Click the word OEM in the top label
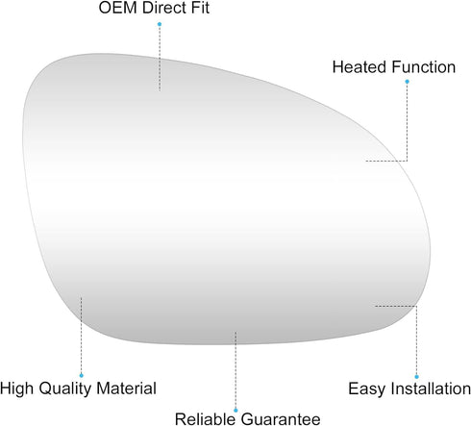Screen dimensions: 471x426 118,8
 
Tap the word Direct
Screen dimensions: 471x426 165,8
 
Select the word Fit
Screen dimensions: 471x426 201,8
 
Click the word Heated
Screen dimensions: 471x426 359,67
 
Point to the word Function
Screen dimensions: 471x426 423,67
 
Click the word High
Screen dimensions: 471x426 16,388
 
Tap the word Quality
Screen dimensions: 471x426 65,388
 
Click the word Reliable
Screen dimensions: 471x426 205,419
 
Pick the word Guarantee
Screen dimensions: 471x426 281,419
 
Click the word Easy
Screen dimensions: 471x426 367,389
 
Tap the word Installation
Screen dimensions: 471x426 432,388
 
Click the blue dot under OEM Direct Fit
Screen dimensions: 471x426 160,24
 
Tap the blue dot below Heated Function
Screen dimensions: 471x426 407,82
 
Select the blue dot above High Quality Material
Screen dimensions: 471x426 81,375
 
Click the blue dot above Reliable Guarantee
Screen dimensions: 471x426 235,411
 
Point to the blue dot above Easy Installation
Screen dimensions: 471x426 416,377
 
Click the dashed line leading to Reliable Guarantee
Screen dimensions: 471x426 235,370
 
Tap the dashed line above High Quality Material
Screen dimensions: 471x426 81,335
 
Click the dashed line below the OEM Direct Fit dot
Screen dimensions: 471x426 160,59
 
